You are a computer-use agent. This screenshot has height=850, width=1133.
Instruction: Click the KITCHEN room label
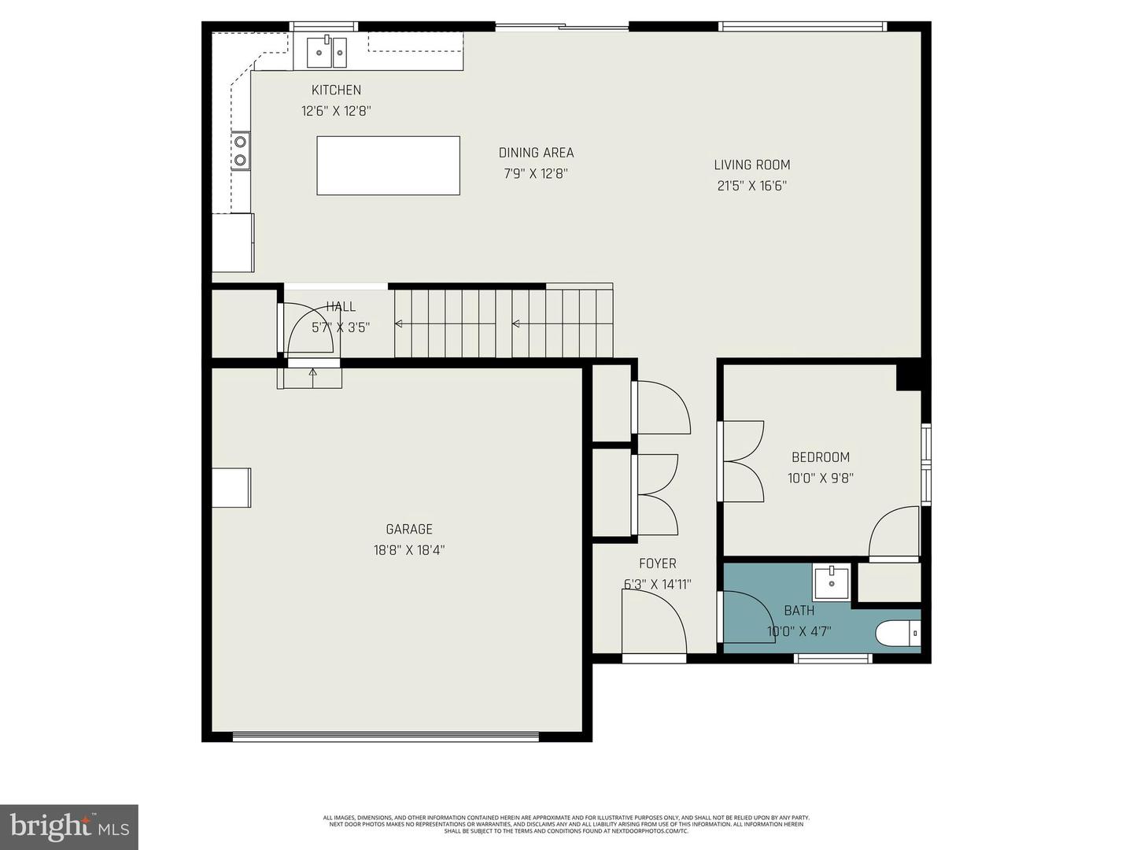(x=336, y=90)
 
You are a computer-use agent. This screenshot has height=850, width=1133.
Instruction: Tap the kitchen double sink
(x=327, y=53)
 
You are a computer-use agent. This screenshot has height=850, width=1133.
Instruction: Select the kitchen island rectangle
(x=388, y=165)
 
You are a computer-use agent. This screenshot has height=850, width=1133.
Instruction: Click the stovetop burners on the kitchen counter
(x=240, y=151)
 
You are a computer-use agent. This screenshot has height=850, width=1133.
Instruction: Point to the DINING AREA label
(x=536, y=153)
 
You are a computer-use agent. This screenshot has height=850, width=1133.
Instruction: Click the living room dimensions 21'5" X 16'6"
(x=751, y=186)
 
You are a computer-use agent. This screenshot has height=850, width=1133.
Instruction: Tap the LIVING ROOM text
(x=751, y=164)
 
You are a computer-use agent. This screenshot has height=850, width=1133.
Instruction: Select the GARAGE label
(x=408, y=529)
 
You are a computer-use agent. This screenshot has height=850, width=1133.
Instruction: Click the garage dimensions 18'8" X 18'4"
(x=408, y=550)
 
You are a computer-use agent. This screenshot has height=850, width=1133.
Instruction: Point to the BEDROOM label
(x=820, y=456)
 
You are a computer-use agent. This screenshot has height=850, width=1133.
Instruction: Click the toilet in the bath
(x=898, y=632)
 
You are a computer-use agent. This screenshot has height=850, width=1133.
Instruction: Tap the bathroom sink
(x=831, y=583)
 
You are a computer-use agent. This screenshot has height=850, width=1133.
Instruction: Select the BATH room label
(x=799, y=610)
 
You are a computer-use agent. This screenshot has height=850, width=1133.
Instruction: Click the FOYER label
(x=657, y=564)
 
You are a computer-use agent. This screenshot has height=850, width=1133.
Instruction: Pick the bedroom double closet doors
(x=742, y=462)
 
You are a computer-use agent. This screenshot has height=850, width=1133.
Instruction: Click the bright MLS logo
(x=69, y=826)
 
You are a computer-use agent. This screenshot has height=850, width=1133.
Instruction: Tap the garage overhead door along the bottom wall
(x=386, y=737)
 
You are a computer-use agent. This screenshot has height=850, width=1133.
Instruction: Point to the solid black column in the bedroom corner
(x=909, y=375)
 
